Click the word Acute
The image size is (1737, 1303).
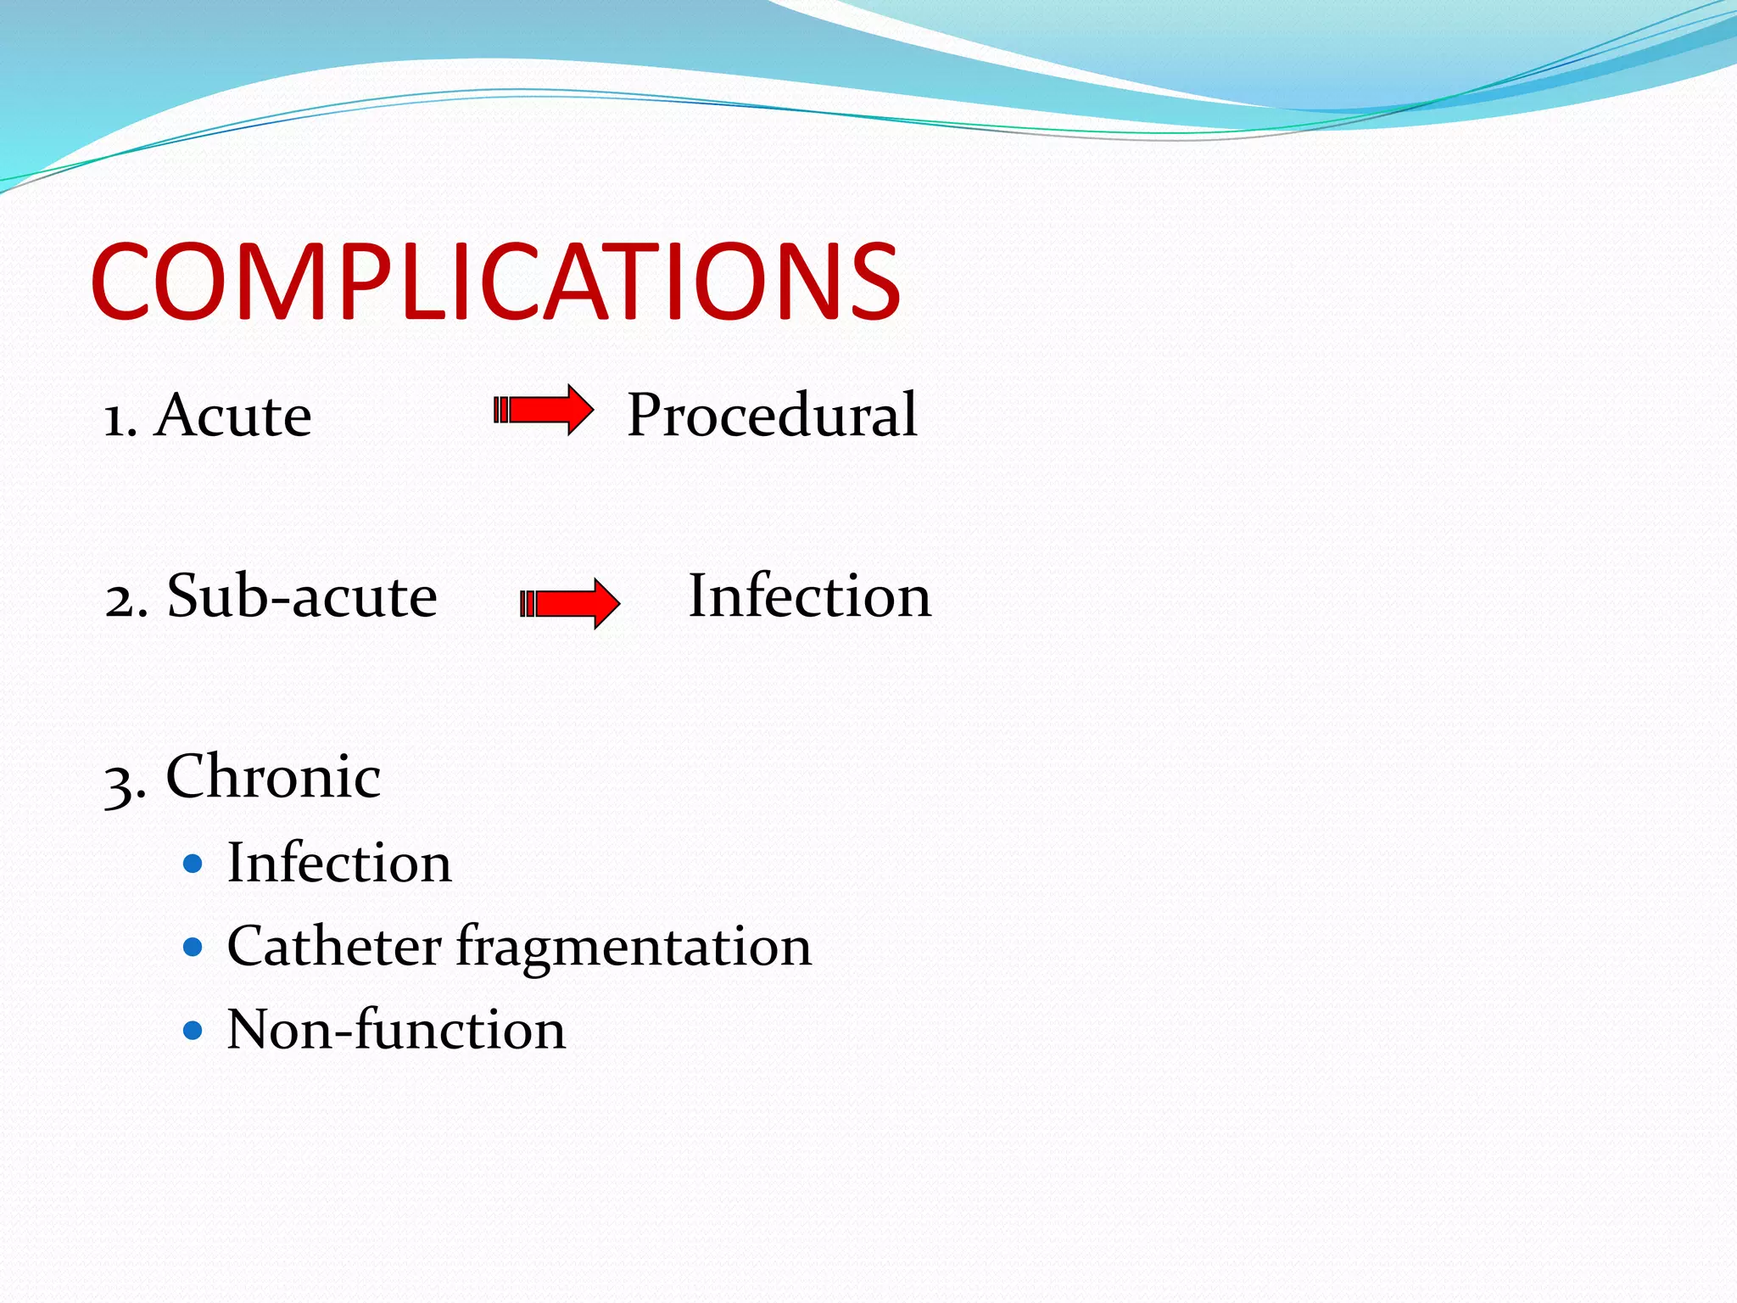233,416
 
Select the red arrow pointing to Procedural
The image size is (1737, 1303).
543,411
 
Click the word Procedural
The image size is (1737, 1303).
771,416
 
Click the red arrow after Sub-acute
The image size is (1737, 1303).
569,604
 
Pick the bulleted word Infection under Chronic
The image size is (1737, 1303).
339,863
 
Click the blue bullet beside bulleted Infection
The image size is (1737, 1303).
193,864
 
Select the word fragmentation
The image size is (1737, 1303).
634,948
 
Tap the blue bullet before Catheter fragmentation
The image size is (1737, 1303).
193,947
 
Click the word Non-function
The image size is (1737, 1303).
396,1029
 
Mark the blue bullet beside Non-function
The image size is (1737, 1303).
193,1031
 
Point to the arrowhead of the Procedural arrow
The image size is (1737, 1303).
579,411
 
